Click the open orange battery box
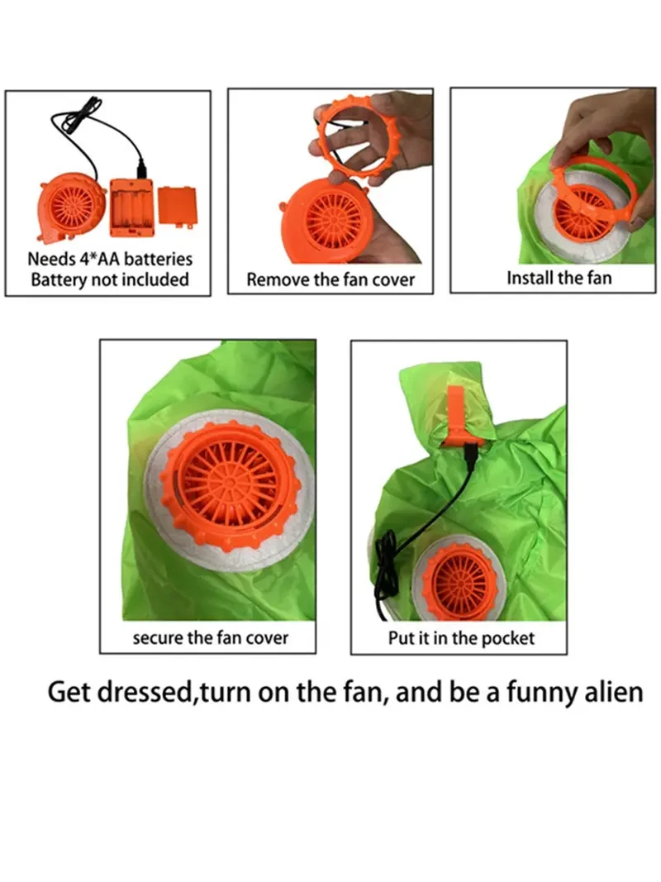[x=131, y=207]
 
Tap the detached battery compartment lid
[x=178, y=207]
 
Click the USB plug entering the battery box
[x=141, y=169]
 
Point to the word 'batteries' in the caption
[x=158, y=260]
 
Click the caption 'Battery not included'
[x=110, y=279]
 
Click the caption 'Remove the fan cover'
[x=330, y=279]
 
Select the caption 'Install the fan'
[x=559, y=278]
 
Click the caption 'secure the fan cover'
[x=210, y=638]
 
